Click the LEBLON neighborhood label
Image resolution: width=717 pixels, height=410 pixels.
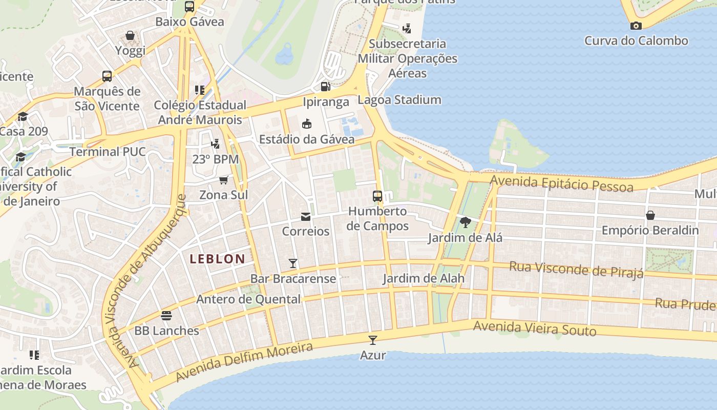pyautogui.click(x=217, y=259)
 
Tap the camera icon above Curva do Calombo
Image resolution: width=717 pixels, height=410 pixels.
pyautogui.click(x=636, y=26)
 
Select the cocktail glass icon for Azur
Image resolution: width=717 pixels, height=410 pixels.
pyautogui.click(x=373, y=340)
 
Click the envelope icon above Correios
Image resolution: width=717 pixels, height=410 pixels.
pyautogui.click(x=306, y=217)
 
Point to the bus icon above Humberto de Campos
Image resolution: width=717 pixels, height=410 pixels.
pyautogui.click(x=377, y=196)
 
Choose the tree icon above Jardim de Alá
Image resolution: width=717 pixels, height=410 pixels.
pyautogui.click(x=465, y=222)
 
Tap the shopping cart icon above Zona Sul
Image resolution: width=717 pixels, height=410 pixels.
pyautogui.click(x=223, y=180)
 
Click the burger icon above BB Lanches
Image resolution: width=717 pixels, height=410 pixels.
pyautogui.click(x=166, y=315)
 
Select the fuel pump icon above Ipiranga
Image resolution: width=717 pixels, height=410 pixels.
pyautogui.click(x=325, y=87)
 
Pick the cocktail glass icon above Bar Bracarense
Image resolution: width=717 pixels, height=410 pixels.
pyautogui.click(x=293, y=263)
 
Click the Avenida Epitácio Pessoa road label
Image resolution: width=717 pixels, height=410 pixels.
pyautogui.click(x=561, y=183)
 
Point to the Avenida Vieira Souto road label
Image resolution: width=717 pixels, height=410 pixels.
pyautogui.click(x=534, y=329)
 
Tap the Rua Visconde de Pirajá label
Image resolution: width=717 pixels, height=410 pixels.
pyautogui.click(x=576, y=269)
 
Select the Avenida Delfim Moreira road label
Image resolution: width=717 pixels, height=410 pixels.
pyautogui.click(x=244, y=362)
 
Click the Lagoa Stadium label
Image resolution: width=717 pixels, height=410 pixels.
pyautogui.click(x=399, y=100)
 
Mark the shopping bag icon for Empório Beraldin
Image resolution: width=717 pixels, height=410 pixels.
pyautogui.click(x=650, y=215)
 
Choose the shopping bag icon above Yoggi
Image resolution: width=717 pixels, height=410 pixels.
pyautogui.click(x=130, y=35)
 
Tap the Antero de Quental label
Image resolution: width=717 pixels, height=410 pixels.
pyautogui.click(x=248, y=299)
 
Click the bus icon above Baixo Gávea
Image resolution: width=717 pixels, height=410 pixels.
pyautogui.click(x=189, y=7)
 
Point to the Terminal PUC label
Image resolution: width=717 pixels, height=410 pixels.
pyautogui.click(x=108, y=152)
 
